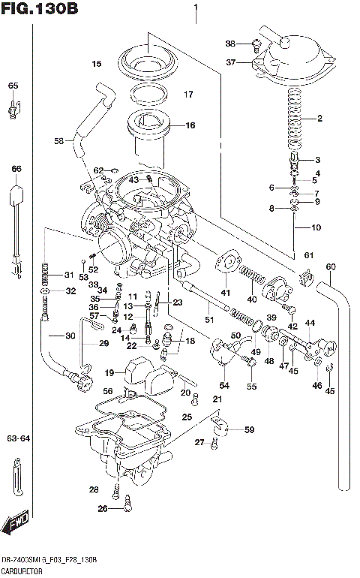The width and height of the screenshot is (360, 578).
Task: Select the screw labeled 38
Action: coord(256,45)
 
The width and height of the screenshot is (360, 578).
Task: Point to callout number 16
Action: coord(190,125)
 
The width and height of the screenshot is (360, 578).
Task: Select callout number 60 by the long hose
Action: coord(331,266)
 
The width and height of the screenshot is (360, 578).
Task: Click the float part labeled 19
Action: coord(136,370)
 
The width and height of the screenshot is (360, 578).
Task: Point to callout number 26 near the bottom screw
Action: coord(102,508)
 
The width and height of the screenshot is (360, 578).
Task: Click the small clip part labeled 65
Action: coord(13,110)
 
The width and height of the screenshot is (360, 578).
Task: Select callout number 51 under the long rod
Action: coord(209,321)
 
